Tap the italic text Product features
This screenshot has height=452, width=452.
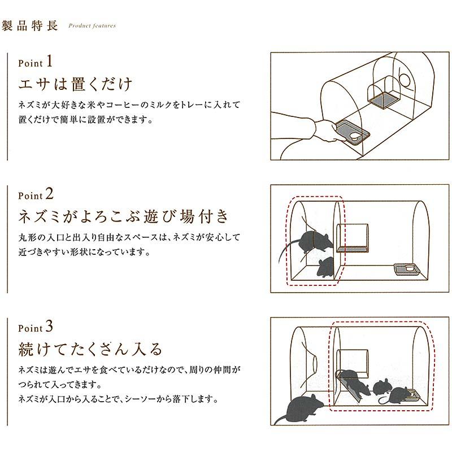92,26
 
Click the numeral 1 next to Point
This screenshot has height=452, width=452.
49,60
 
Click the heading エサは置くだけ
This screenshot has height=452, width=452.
76,84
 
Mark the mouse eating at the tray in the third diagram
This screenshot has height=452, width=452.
402,394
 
